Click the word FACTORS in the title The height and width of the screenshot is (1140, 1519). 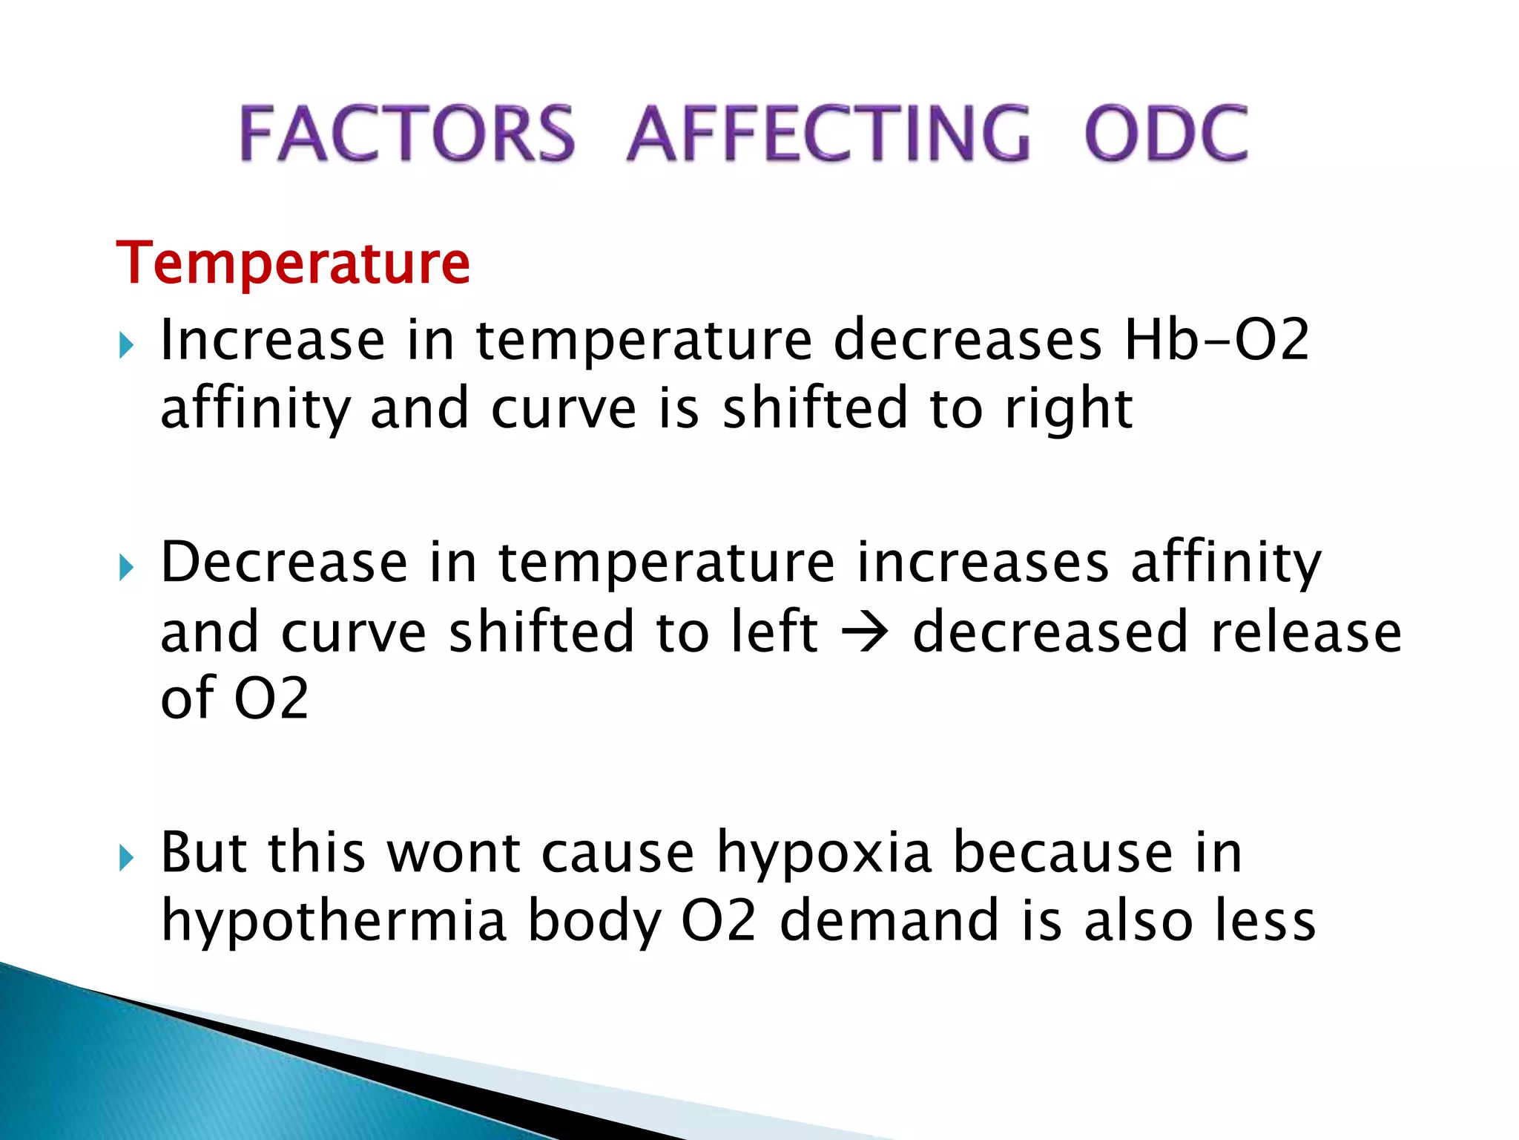click(406, 134)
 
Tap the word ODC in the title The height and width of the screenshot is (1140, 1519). click(1166, 134)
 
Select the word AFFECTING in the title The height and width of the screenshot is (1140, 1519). click(828, 134)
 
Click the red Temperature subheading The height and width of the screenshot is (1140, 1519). click(294, 263)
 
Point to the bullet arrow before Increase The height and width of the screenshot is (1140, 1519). click(126, 345)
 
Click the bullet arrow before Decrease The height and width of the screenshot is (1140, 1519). click(126, 568)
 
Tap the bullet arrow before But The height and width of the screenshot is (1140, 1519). click(126, 858)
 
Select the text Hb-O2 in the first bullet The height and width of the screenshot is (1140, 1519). click(1217, 341)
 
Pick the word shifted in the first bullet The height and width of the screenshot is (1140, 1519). click(814, 408)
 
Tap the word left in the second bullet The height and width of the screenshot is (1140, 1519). click(774, 631)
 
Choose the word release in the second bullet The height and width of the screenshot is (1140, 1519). click(1305, 632)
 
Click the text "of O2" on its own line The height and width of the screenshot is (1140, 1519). click(234, 698)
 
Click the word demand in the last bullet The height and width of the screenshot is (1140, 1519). click(889, 920)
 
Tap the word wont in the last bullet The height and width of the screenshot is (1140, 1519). click(454, 852)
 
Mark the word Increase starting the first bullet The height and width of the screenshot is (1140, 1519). click(272, 341)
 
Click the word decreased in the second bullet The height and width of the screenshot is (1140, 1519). click(1050, 632)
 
